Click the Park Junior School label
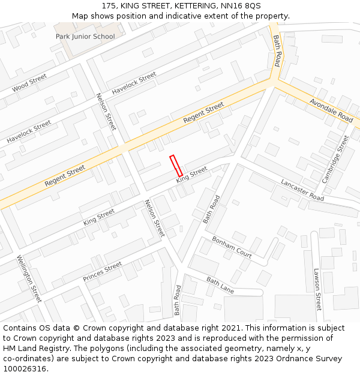(x=85, y=37)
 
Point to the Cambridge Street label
(x=335, y=159)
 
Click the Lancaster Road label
(x=302, y=190)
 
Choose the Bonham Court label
(x=232, y=247)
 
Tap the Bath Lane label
(x=220, y=285)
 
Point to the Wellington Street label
(x=29, y=278)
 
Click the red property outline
(x=176, y=166)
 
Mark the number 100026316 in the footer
(x=25, y=369)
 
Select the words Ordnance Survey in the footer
(x=311, y=359)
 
